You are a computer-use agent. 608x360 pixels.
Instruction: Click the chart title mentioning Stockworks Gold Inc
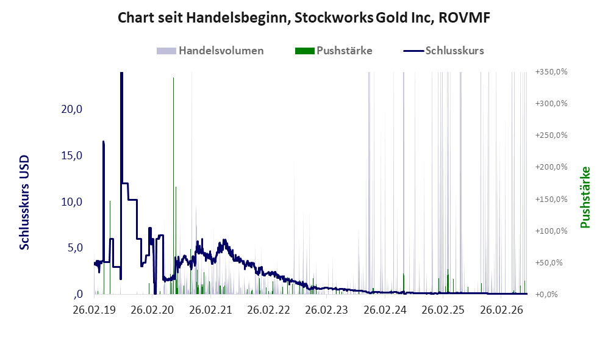[x=304, y=18]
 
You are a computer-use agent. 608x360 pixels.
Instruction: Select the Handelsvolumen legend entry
[x=210, y=51]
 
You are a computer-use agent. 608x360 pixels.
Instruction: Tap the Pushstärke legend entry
[x=334, y=51]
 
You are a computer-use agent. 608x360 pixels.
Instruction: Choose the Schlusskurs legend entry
[x=443, y=51]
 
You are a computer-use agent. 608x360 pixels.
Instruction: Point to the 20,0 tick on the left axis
[x=72, y=109]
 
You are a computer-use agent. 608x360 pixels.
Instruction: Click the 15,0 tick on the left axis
[x=72, y=156]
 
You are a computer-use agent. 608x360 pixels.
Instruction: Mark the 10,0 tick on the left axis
[x=72, y=202]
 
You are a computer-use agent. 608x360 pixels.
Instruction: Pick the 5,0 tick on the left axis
[x=75, y=248]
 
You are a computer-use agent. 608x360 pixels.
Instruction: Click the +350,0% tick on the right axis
[x=551, y=72]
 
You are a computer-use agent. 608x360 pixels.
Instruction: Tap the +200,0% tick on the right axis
[x=551, y=167]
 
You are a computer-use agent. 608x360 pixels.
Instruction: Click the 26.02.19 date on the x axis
[x=95, y=311]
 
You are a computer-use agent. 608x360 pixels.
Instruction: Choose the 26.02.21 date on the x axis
[x=210, y=311]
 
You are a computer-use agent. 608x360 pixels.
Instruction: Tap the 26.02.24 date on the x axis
[x=385, y=311]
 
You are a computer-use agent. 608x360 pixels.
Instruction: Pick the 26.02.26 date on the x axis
[x=501, y=311]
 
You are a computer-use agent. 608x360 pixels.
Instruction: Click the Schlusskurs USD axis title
[x=24, y=203]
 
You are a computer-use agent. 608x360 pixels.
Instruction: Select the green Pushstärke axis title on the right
[x=585, y=198]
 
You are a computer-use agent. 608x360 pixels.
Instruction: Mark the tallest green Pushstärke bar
[x=173, y=185]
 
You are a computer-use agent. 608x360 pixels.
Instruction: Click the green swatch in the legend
[x=305, y=51]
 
